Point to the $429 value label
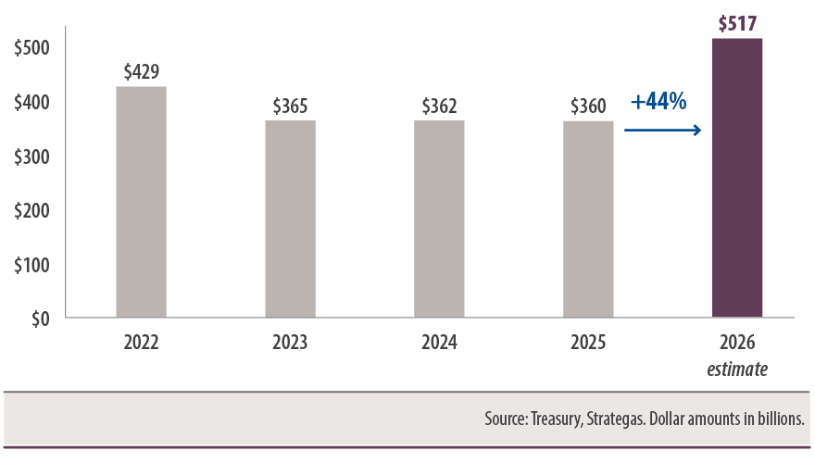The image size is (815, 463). [141, 72]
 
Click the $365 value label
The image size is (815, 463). [290, 106]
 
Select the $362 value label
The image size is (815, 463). [439, 106]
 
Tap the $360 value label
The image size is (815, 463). [588, 106]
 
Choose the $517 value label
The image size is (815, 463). [737, 23]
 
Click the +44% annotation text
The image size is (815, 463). [658, 102]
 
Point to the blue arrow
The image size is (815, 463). [663, 131]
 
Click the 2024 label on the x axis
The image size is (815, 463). [439, 343]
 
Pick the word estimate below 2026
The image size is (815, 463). [737, 369]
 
